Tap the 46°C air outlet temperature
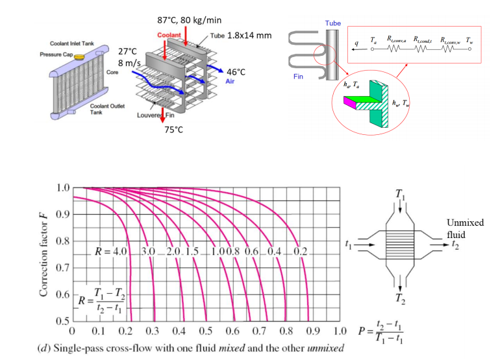pos(236,71)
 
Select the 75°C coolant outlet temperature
pos(174,130)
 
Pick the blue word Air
pos(230,82)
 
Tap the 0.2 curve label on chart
pos(300,252)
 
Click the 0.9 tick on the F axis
pos(62,215)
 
